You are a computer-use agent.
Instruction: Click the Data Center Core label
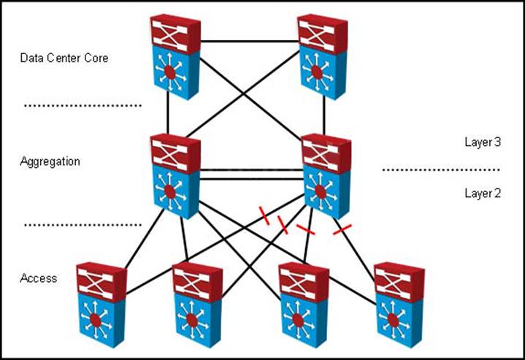tap(64, 58)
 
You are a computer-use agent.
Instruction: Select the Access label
tap(38, 278)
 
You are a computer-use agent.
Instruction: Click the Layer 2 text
tap(483, 194)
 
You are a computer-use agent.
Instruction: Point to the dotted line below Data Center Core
tap(82, 107)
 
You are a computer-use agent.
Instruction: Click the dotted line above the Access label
tap(82, 225)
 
